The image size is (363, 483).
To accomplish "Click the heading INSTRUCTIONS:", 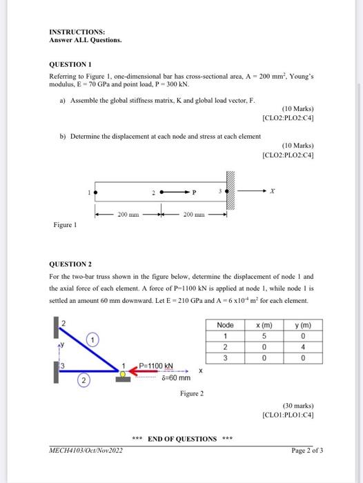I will click(x=77, y=32).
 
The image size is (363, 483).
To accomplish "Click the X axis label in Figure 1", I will click(x=273, y=191).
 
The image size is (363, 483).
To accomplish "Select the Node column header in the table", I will click(x=225, y=325).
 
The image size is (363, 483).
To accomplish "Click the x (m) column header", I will click(x=264, y=325).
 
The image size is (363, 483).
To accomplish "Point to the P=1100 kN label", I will click(x=156, y=365).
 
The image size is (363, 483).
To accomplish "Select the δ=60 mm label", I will click(x=175, y=378).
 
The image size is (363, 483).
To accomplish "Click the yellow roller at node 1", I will click(x=122, y=375).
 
